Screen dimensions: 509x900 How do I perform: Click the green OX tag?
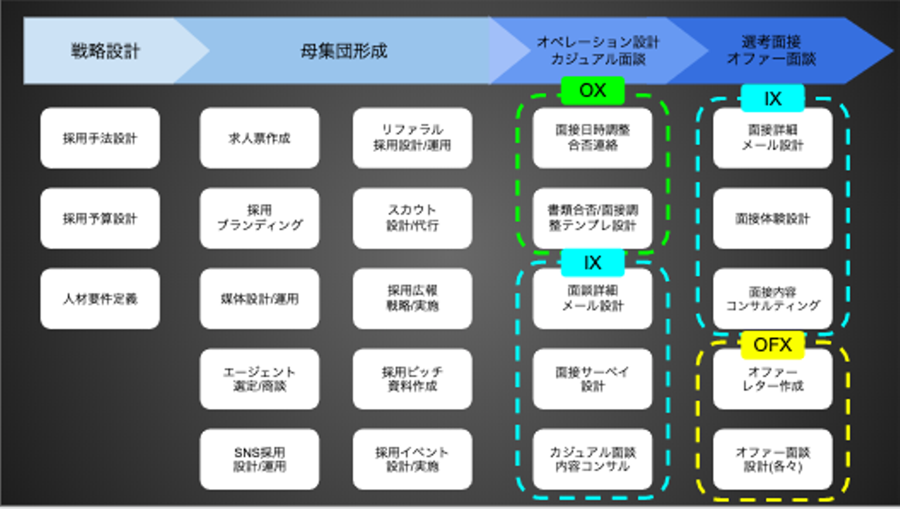[592, 91]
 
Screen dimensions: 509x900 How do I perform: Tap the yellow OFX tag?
[772, 345]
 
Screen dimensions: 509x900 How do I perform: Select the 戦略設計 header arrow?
[105, 51]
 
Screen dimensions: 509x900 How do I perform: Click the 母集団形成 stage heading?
[344, 51]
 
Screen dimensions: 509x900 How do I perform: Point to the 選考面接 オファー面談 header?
[772, 51]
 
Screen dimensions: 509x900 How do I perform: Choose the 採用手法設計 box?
[100, 138]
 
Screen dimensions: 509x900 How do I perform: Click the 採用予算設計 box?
[100, 218]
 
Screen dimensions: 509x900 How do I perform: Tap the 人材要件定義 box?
[100, 299]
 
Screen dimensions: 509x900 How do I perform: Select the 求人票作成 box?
[259, 138]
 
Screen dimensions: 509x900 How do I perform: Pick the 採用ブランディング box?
[259, 218]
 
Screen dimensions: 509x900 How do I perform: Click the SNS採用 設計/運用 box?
[259, 459]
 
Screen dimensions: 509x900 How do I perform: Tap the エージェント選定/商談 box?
[259, 379]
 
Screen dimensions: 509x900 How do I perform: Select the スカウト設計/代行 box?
[412, 218]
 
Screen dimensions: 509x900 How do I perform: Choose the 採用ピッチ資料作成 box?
[412, 379]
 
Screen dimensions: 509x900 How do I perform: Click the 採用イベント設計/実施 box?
[412, 459]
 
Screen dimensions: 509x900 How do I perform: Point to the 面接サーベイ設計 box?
[592, 379]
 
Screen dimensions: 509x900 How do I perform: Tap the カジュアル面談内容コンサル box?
[592, 459]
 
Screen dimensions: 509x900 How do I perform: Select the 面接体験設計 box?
[772, 218]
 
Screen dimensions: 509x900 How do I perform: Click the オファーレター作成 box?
[772, 379]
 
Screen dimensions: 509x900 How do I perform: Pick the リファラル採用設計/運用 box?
[412, 138]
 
